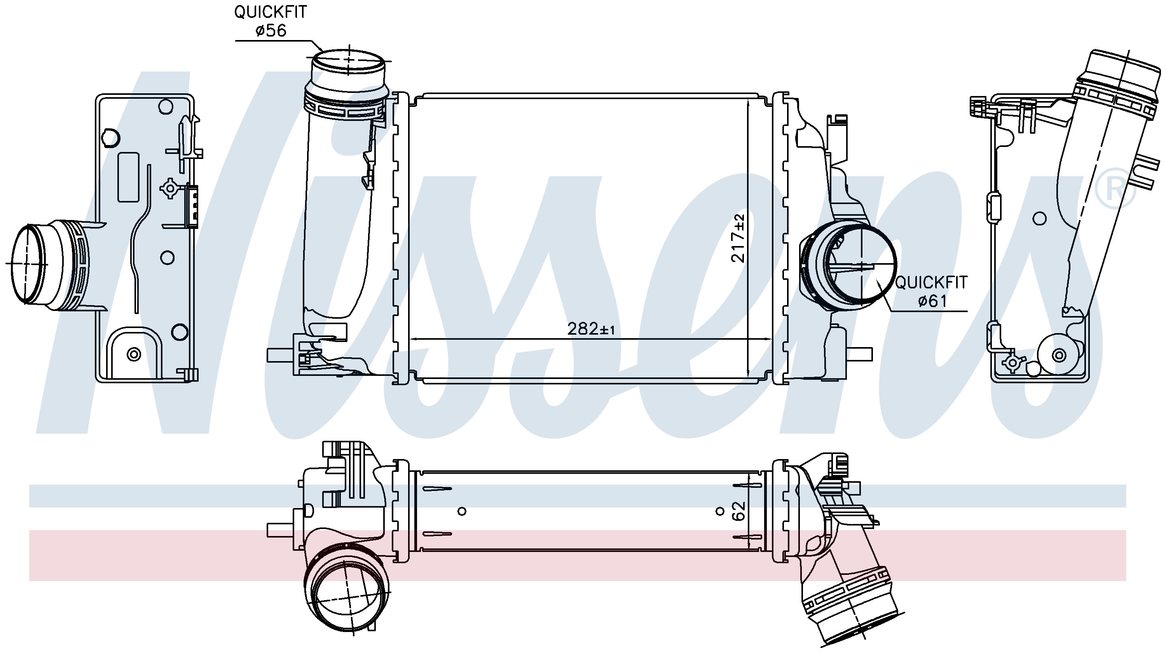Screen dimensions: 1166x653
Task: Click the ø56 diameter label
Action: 271,30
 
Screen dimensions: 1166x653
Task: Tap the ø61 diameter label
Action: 932,300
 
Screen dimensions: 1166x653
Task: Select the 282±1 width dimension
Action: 591,329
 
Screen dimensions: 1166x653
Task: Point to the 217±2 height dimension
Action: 738,239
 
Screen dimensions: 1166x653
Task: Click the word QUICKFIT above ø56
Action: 270,12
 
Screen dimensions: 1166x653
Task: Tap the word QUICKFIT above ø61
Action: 932,282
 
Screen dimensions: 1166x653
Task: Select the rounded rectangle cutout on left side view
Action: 129,177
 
